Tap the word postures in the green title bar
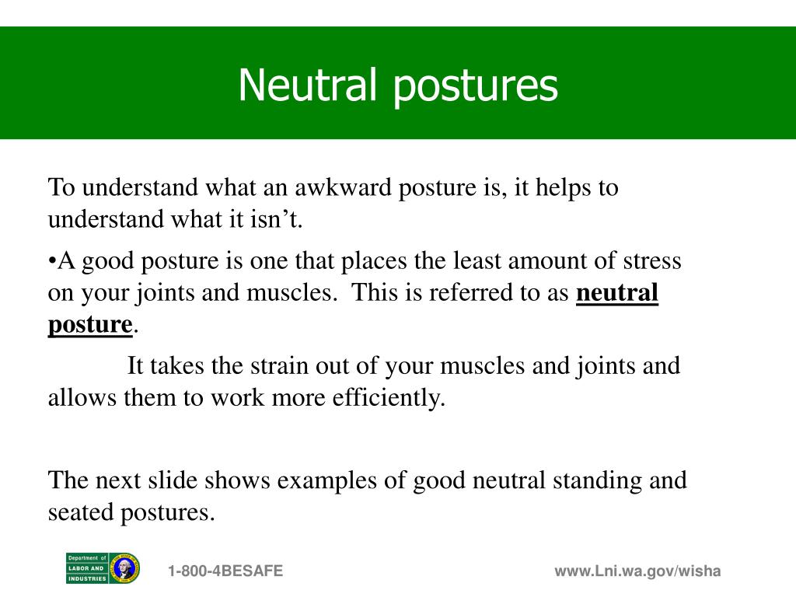[475, 86]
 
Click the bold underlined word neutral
[616, 293]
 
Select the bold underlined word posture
[90, 324]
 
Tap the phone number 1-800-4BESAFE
[225, 571]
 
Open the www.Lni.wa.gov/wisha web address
[637, 571]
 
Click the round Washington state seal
[124, 568]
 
